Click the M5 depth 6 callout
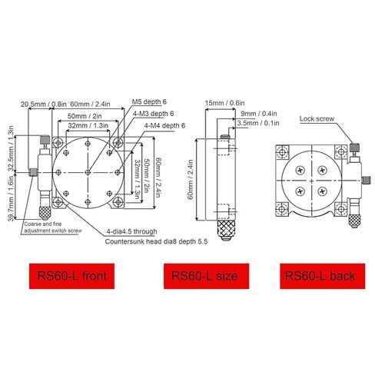coord(148,101)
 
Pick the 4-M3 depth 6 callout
coord(154,113)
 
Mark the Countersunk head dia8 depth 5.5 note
coord(158,241)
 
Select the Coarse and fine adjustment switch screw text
coord(53,227)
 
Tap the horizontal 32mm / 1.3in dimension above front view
coord(86,124)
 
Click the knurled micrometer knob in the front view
coord(45,205)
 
